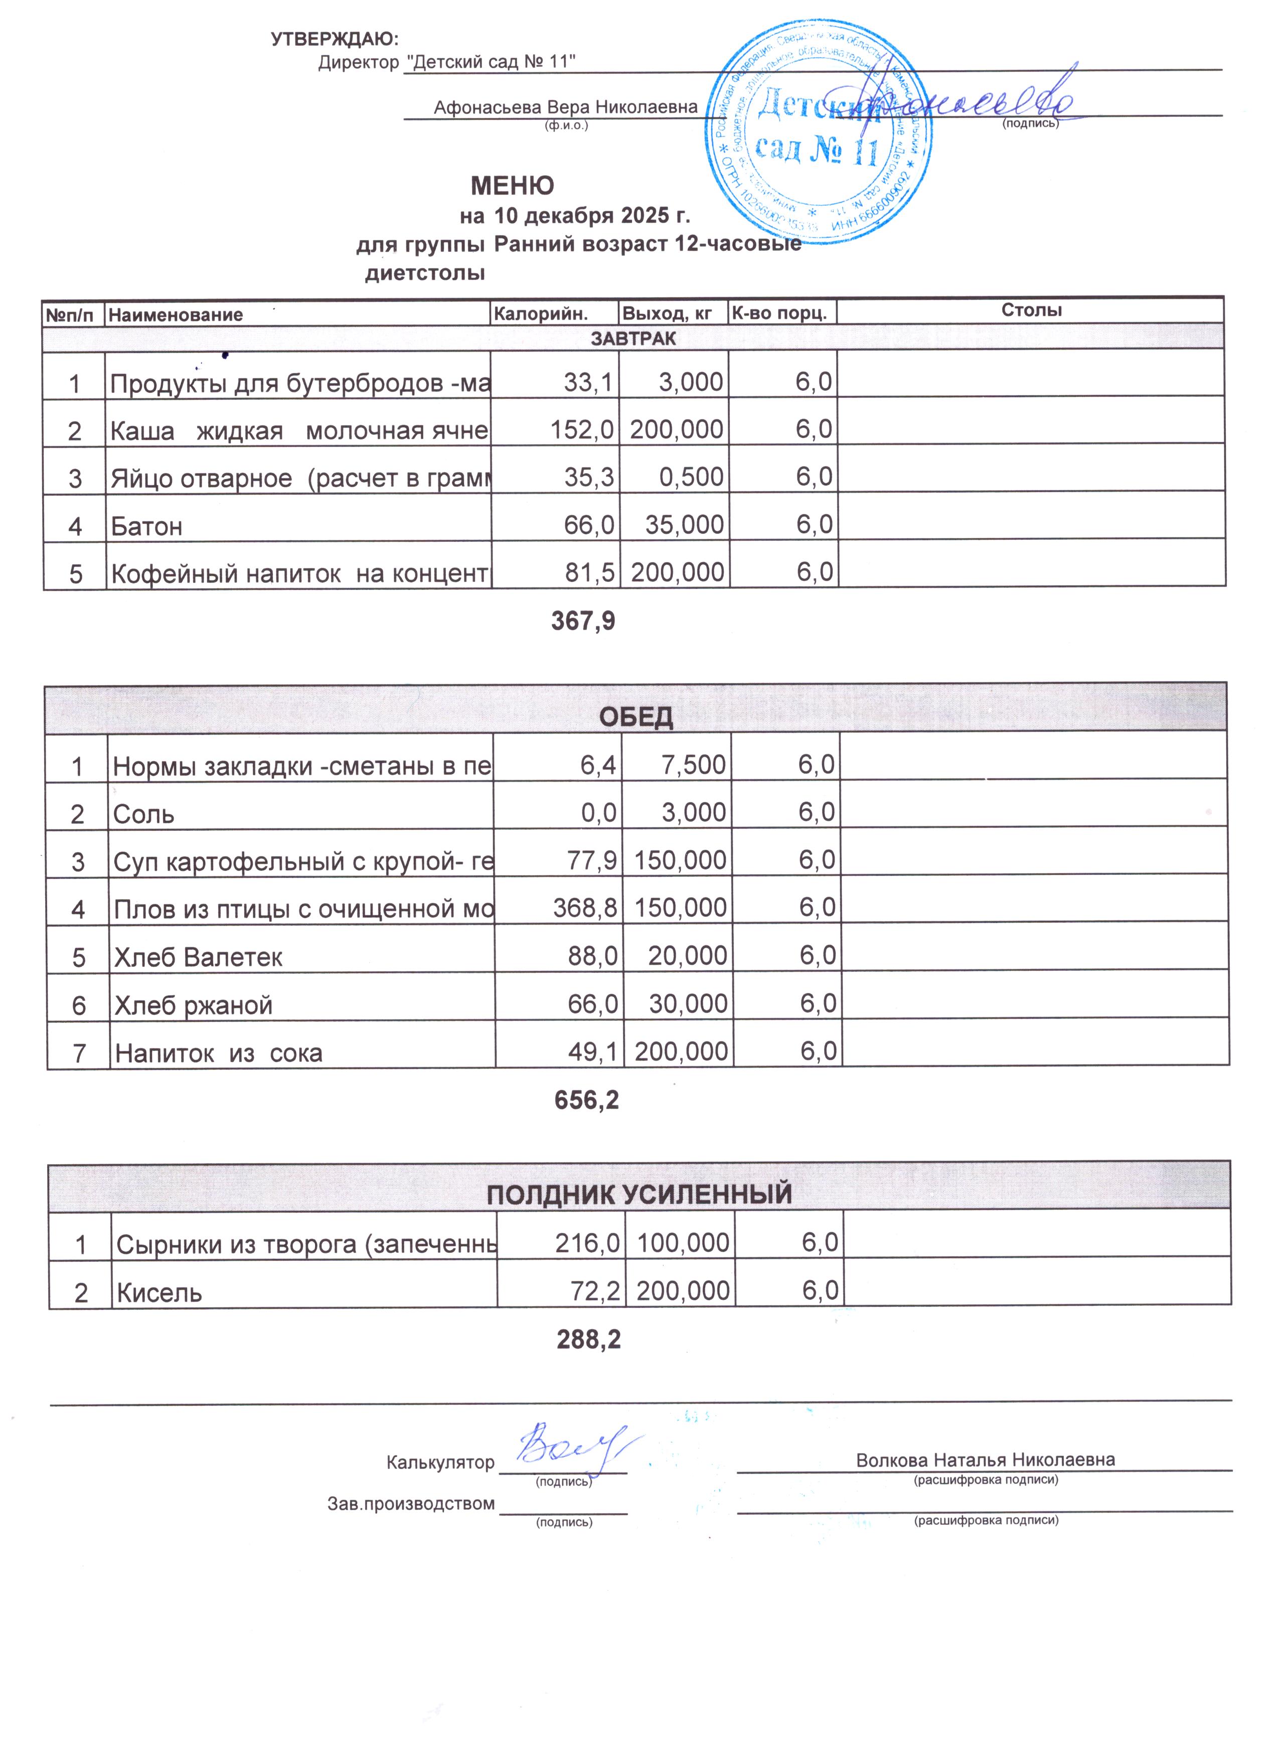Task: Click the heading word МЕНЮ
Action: tap(512, 186)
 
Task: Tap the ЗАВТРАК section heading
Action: tap(633, 339)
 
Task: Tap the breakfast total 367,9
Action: tap(583, 621)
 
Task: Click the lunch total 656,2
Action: tap(586, 1099)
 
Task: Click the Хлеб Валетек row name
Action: tap(198, 957)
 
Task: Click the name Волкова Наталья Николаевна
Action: tap(985, 1459)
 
